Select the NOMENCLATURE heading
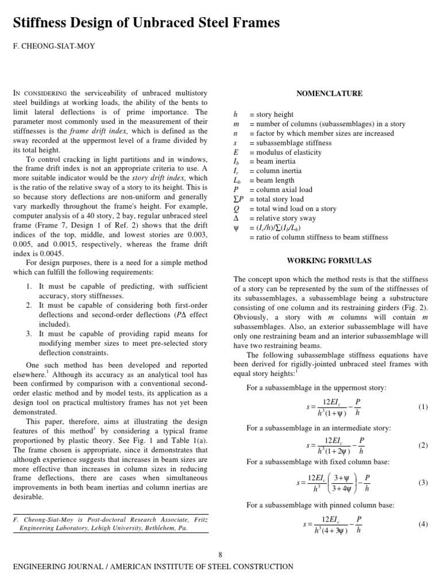coord(329,93)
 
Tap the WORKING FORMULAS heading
coord(329,261)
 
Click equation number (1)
coord(423,407)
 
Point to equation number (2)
coord(423,445)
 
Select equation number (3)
coord(423,483)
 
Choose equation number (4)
coord(423,523)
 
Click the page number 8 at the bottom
coord(220,554)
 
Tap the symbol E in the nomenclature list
coord(235,152)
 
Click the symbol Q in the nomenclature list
coord(236,209)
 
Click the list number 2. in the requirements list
coord(29,305)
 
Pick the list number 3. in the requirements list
coord(29,334)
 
